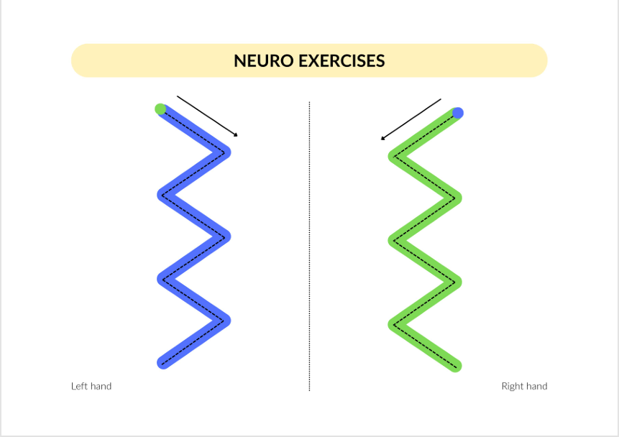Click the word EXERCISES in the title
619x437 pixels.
(x=341, y=61)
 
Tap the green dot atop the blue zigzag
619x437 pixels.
(x=160, y=109)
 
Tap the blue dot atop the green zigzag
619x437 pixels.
(x=457, y=113)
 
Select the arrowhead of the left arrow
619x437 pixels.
(x=236, y=135)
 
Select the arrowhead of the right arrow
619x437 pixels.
(x=382, y=138)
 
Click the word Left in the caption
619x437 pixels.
(x=78, y=386)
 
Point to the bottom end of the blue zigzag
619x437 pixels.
(x=163, y=363)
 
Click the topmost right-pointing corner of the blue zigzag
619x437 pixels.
(x=225, y=152)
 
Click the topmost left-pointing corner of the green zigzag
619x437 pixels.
(x=394, y=156)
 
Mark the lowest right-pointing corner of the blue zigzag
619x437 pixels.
(x=225, y=321)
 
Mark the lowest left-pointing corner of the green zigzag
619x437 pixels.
(x=394, y=325)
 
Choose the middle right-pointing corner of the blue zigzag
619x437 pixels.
(x=225, y=237)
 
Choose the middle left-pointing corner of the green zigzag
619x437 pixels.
(x=394, y=240)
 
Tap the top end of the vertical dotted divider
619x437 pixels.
(x=309, y=102)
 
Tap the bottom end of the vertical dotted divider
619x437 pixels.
(x=309, y=391)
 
